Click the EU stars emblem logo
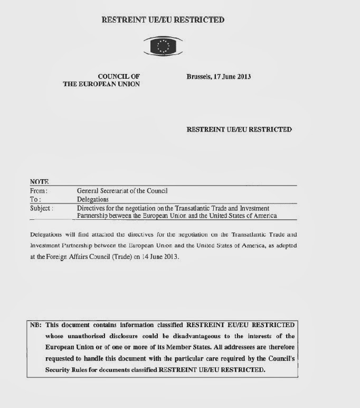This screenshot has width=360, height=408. tap(163, 47)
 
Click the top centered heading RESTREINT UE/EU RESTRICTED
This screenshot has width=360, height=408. tap(163, 20)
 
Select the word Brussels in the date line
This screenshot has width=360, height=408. tap(198, 77)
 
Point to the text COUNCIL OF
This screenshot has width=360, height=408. tap(119, 77)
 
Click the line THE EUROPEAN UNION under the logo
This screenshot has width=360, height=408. tap(101, 85)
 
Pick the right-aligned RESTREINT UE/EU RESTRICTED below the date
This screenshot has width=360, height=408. tap(239, 129)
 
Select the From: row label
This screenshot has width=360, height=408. tap(39, 191)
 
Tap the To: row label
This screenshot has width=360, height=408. tap(35, 199)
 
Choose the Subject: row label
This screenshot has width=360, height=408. tap(42, 208)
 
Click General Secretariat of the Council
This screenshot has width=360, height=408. tap(122, 191)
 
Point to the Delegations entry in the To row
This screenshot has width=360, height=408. tap(93, 199)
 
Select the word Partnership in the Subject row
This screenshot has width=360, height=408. tap(93, 216)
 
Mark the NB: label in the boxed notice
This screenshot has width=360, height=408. tap(36, 325)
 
